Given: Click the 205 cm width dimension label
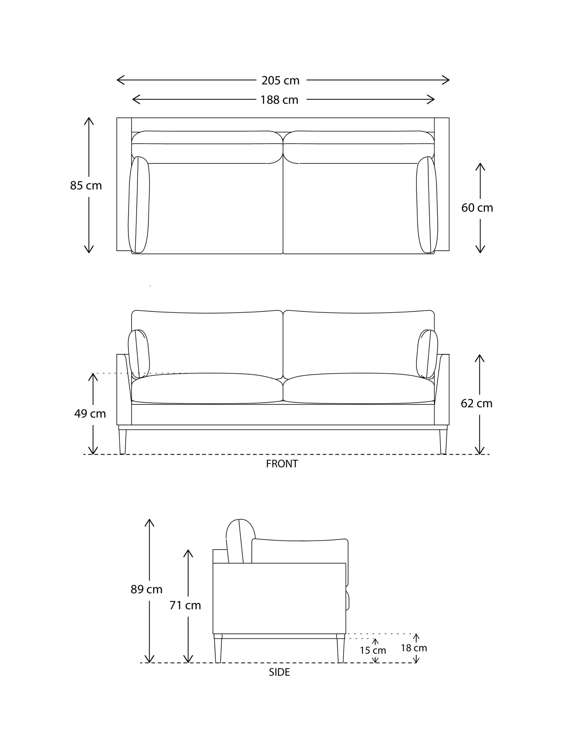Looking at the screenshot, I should pos(280,80).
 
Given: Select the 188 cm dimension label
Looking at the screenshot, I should pos(279,100).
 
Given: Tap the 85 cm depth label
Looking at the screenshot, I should pos(86,186).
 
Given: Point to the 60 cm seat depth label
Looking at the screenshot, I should pos(477,208).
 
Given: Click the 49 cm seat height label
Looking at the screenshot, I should pos(90,414).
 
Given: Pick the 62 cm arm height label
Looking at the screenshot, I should pos(476,403).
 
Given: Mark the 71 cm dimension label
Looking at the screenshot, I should pos(185,605).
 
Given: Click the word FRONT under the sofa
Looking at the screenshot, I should pos(282,464).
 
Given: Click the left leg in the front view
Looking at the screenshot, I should pos(122,442).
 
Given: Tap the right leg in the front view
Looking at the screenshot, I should pos(443,442).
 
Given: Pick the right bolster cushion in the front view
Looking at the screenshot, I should pos(427,353).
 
